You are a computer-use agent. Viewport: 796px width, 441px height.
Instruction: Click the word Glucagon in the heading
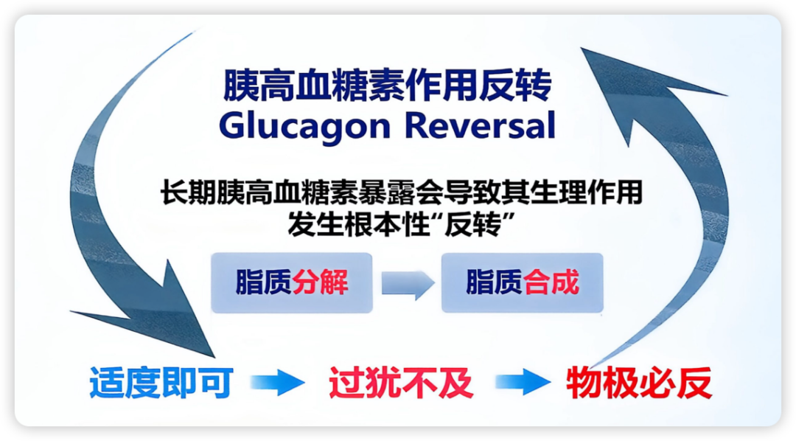(304, 125)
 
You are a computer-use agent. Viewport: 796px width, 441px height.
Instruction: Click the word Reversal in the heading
(480, 125)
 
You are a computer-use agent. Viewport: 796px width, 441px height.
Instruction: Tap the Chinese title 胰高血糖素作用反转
(387, 86)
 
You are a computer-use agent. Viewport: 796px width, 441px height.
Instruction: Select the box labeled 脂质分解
(292, 282)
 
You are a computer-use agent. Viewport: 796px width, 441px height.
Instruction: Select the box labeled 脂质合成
(523, 282)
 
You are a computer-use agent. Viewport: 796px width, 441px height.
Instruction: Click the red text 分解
(320, 282)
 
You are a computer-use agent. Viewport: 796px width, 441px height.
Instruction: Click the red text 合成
(551, 282)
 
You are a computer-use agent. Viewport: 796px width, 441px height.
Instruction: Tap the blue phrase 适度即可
(161, 382)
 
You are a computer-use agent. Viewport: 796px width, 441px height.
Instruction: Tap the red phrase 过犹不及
(401, 382)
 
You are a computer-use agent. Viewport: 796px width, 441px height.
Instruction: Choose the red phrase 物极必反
(639, 382)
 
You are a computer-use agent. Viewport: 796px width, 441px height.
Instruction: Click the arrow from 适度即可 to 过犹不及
(278, 382)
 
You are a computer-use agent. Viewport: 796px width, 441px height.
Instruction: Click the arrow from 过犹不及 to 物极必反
(523, 382)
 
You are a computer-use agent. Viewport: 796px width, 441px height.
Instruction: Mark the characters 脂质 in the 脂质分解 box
(263, 282)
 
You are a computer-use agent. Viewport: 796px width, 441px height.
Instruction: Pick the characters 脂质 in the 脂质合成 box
(495, 282)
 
